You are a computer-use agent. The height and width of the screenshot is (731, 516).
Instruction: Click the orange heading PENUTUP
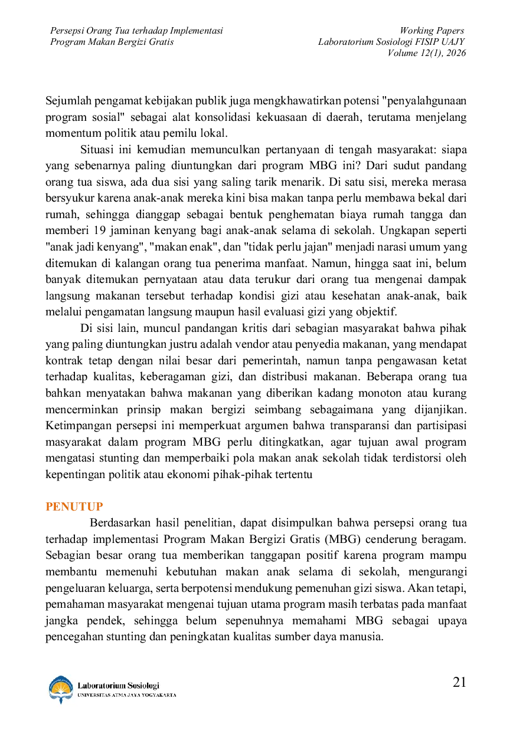pos(74,506)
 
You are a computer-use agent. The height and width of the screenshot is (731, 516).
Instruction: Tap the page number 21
pos(459,682)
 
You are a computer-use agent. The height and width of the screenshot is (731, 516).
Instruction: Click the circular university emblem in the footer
pos(61,689)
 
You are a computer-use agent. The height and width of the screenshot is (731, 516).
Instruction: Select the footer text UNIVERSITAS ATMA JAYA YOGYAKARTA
pos(127,695)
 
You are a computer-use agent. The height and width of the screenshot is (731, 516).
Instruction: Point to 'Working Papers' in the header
pos(432,31)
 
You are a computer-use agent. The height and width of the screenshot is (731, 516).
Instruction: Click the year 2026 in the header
pos(456,53)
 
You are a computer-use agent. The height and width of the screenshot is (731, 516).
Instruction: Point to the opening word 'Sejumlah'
pos(68,101)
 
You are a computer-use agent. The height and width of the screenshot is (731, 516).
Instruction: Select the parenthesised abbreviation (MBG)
pos(342,539)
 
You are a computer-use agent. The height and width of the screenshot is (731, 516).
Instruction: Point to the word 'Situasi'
pos(97,150)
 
